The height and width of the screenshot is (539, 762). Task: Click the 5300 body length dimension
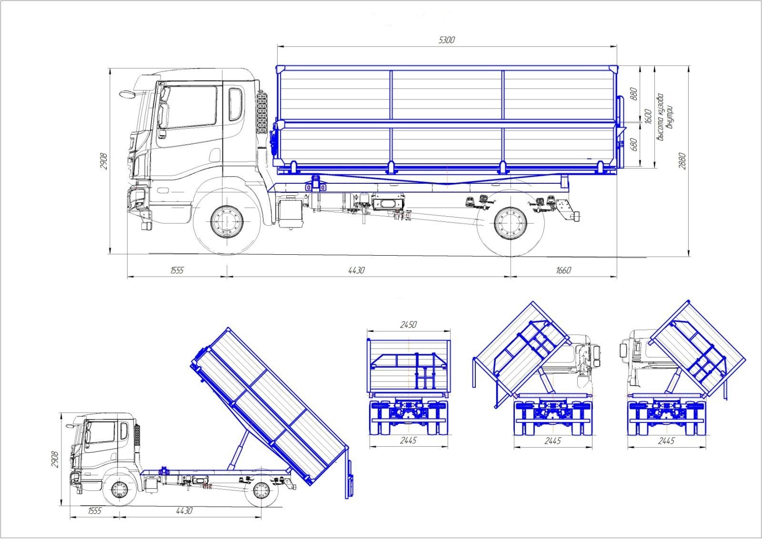[447, 40]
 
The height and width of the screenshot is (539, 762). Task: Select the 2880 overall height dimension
[682, 161]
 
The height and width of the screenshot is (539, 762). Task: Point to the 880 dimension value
[633, 94]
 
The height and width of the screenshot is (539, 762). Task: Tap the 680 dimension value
[633, 144]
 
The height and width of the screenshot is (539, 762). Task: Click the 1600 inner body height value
[648, 117]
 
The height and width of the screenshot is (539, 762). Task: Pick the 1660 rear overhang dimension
[563, 270]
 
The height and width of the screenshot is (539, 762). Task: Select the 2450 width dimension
[408, 325]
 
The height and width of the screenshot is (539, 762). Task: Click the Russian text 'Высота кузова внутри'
[664, 117]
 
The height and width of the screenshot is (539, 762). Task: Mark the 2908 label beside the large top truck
[104, 161]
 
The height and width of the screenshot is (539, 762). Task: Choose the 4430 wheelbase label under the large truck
[356, 270]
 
